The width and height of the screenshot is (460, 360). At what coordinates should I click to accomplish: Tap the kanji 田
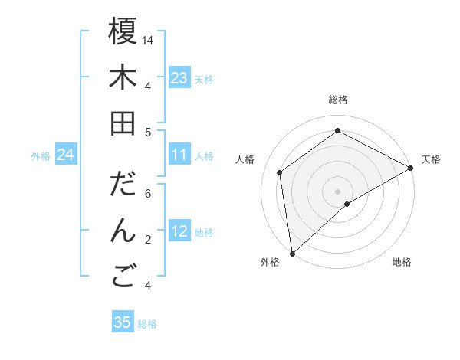click(x=123, y=123)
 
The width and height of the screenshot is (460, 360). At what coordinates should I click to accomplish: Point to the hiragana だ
click(x=123, y=185)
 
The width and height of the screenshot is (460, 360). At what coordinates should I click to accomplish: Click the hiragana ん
click(x=123, y=231)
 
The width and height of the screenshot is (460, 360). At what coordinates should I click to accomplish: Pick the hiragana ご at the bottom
click(x=123, y=277)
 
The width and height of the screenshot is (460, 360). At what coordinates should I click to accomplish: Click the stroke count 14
click(x=149, y=39)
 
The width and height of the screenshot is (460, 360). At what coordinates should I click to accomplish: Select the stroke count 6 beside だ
click(x=149, y=194)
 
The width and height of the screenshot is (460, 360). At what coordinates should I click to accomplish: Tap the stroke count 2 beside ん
click(x=149, y=240)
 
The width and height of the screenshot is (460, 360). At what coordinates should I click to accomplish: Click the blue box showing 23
click(x=179, y=78)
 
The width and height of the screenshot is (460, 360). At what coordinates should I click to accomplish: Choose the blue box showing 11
click(x=179, y=155)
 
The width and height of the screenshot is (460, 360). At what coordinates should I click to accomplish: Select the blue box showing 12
click(x=179, y=232)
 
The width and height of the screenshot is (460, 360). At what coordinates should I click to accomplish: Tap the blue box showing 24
click(x=66, y=155)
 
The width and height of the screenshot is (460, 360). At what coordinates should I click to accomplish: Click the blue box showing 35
click(x=123, y=322)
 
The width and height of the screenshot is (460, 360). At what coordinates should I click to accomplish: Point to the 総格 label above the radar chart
click(x=338, y=100)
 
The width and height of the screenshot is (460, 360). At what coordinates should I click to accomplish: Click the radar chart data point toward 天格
click(x=411, y=169)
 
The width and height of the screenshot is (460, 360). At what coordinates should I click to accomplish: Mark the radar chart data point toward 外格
click(x=292, y=253)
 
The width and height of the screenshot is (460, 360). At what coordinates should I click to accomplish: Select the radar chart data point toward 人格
click(x=280, y=172)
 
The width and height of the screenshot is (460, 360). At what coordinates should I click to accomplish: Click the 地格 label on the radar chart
click(x=402, y=262)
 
